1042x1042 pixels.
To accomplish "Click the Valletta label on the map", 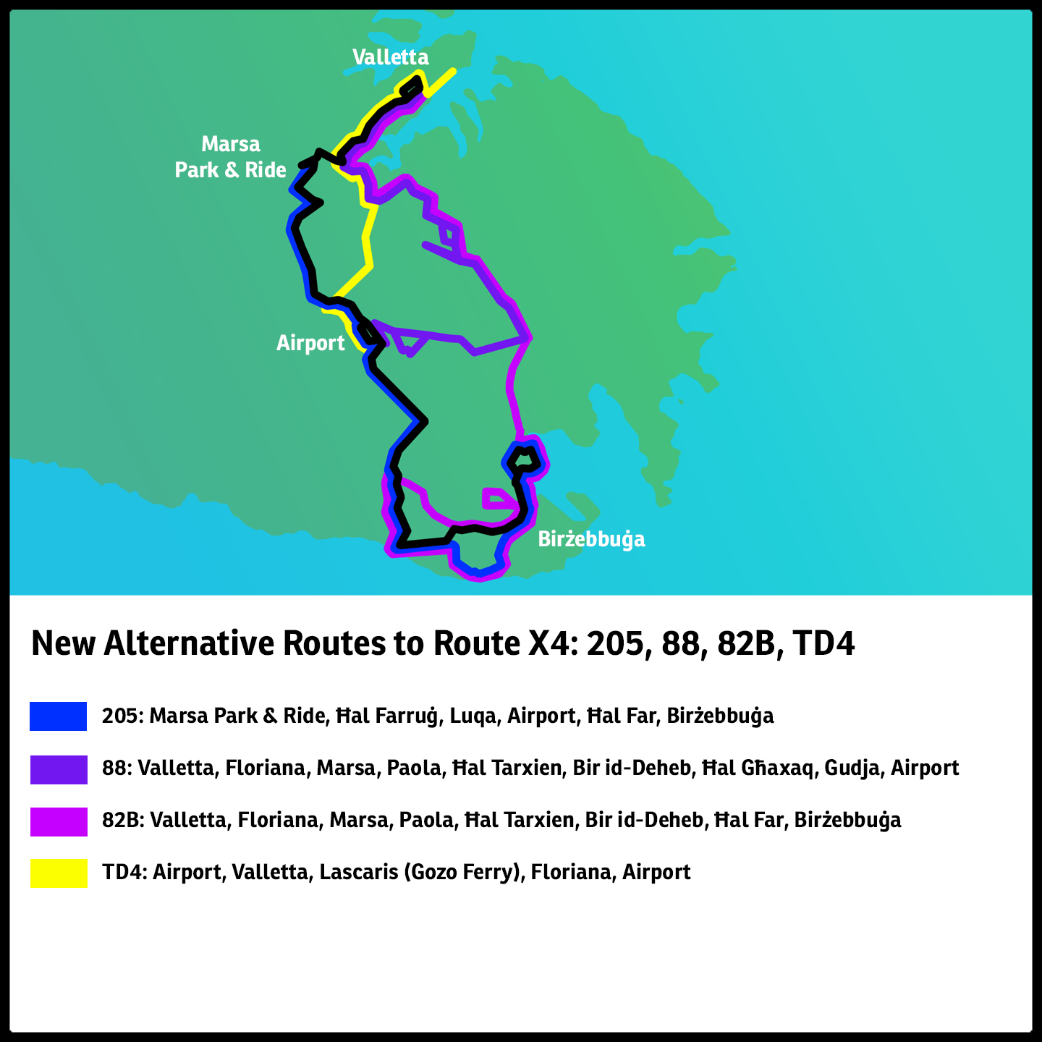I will pos(390,57).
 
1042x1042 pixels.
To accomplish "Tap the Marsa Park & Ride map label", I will pos(231,157).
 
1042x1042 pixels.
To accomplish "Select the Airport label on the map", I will pos(310,343).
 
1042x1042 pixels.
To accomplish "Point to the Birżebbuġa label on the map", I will pos(591,539).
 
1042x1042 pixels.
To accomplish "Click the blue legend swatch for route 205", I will pos(59,716).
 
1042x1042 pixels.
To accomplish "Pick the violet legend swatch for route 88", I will pos(59,769).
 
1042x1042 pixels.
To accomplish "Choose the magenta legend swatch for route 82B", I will pos(59,821).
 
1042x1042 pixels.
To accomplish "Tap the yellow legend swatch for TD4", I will pos(59,873).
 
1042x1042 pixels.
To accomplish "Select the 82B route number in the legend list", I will pos(122,821).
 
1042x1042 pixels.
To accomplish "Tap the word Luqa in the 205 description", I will pos(473,716).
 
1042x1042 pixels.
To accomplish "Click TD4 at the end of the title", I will pos(823,643).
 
